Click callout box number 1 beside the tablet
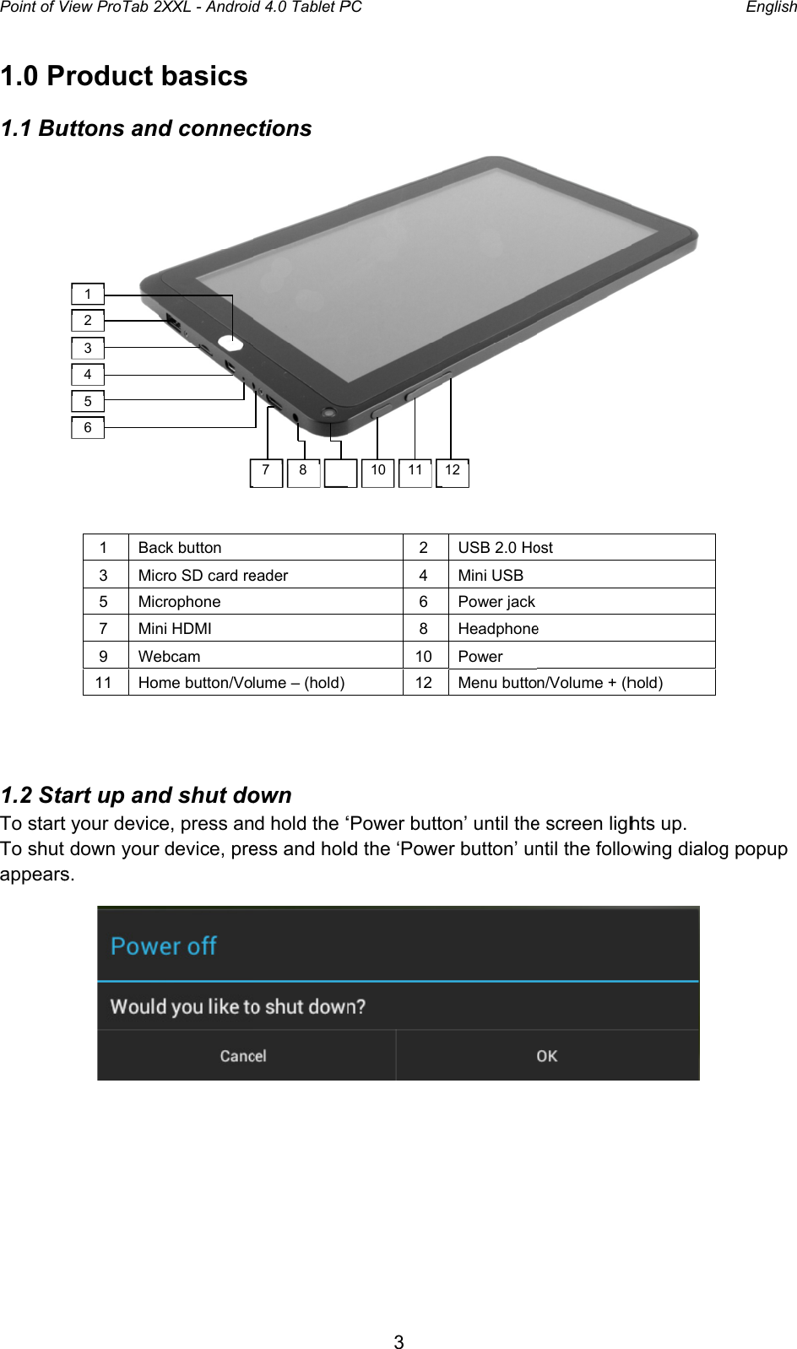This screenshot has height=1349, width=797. click(x=88, y=294)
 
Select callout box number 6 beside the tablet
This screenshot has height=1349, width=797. click(x=88, y=427)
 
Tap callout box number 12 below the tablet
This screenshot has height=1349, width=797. click(x=453, y=472)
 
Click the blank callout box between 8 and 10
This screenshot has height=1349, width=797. click(x=340, y=473)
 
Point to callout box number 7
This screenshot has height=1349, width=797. click(x=266, y=472)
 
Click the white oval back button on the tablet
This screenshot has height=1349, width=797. click(x=230, y=344)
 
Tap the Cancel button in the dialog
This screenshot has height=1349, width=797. click(x=243, y=1056)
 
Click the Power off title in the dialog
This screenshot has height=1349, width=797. click(x=164, y=946)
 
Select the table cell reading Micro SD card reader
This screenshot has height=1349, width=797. click(x=213, y=575)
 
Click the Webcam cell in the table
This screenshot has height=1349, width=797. click(x=169, y=656)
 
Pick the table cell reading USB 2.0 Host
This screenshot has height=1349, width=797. click(x=505, y=547)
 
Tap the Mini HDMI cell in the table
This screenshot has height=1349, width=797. click(x=175, y=628)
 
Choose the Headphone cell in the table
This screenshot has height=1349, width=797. click(x=498, y=628)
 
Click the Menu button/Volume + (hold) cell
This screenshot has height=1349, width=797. click(x=560, y=682)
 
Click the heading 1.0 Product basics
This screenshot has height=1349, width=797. click(x=124, y=76)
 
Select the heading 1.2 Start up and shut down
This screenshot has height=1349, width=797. click(x=146, y=795)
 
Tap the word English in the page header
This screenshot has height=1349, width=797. click(x=770, y=8)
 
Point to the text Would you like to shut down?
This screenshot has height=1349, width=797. click(x=237, y=1006)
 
